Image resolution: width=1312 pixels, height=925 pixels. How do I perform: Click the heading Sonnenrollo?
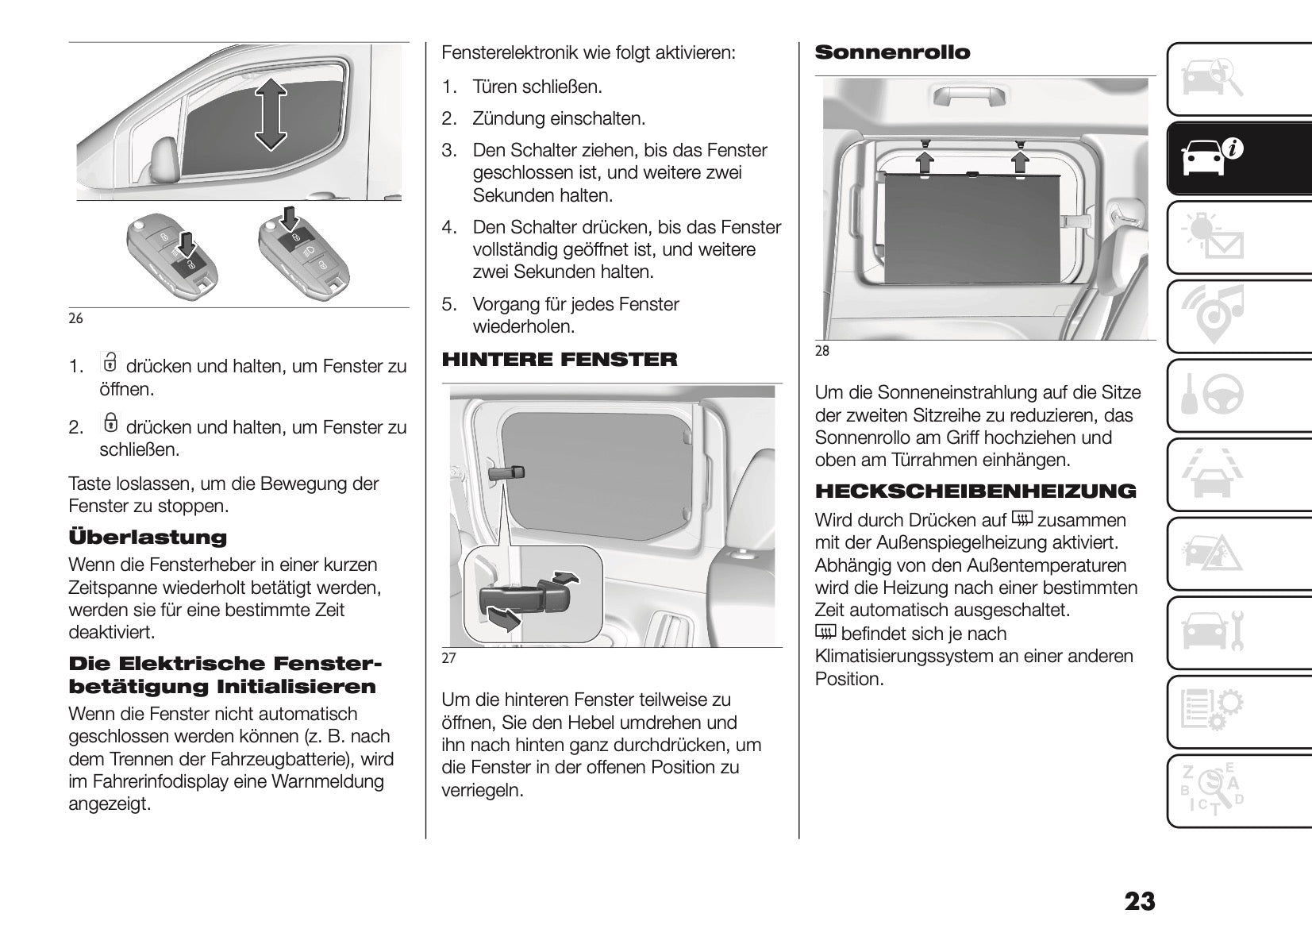tap(892, 53)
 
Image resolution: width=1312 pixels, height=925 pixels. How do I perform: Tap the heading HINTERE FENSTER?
tap(560, 360)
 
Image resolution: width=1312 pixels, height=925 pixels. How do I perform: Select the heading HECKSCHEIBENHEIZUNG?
tap(975, 491)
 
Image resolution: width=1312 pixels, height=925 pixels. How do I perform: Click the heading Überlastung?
tap(148, 538)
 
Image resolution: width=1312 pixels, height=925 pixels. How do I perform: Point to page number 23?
tap(1139, 902)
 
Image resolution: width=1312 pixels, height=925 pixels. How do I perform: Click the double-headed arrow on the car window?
tap(271, 114)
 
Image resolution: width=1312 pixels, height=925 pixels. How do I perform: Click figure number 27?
tap(448, 658)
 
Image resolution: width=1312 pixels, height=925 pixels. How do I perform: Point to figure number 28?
tap(822, 351)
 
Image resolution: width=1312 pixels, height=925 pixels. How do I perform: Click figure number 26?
tap(75, 319)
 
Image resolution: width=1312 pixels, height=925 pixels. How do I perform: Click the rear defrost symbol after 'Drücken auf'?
tap(1022, 519)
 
